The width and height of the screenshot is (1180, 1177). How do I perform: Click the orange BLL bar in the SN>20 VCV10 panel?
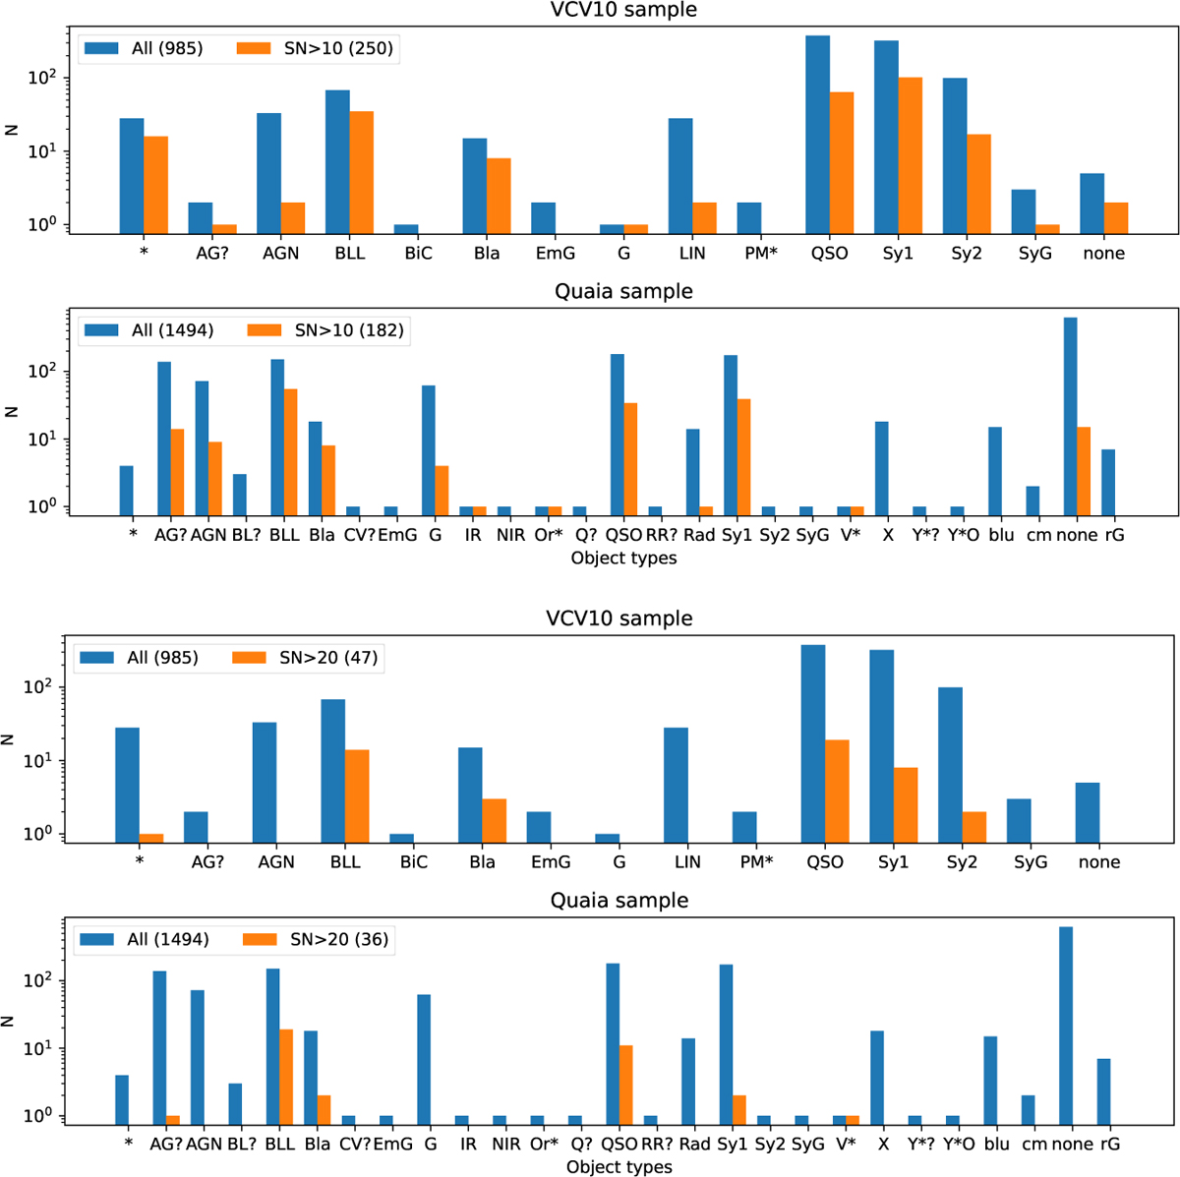point(357,795)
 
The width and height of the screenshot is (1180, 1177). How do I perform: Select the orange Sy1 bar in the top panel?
point(910,155)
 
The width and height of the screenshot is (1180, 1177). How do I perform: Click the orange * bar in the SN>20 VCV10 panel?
point(151,838)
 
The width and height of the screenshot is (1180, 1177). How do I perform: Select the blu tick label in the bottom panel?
point(997,1144)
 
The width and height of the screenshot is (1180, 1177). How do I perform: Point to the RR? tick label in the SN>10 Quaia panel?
point(655,535)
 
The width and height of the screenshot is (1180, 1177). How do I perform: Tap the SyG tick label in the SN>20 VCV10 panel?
point(1031,862)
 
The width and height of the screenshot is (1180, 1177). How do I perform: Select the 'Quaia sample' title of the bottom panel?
point(619,901)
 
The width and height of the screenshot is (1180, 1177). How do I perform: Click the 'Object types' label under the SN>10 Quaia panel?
point(623,558)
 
